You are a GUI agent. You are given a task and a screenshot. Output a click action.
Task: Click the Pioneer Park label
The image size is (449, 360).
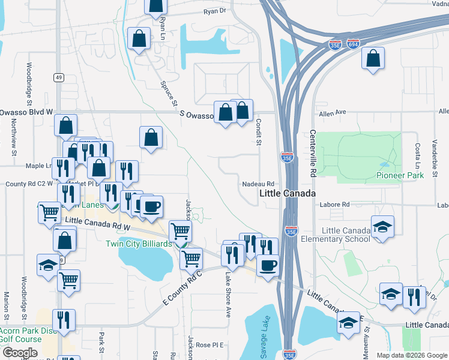point(400,175)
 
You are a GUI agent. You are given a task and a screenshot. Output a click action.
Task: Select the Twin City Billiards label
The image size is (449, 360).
point(139,244)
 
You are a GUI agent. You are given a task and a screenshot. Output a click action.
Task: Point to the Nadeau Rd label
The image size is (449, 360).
point(259,184)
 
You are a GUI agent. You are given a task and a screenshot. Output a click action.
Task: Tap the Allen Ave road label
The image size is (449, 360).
point(333,112)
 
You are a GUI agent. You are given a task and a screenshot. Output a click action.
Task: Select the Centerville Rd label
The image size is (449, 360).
point(313,153)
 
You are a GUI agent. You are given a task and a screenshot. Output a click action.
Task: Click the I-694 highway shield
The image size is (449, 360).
point(353,44)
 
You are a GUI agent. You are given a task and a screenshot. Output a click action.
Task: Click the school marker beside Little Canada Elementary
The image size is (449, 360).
point(382,228)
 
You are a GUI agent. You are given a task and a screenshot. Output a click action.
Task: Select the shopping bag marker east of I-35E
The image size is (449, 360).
point(373,59)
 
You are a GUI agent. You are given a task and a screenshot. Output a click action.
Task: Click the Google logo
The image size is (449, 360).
point(19,352)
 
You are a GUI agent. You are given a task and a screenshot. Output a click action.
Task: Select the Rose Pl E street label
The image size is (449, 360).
point(209,345)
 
